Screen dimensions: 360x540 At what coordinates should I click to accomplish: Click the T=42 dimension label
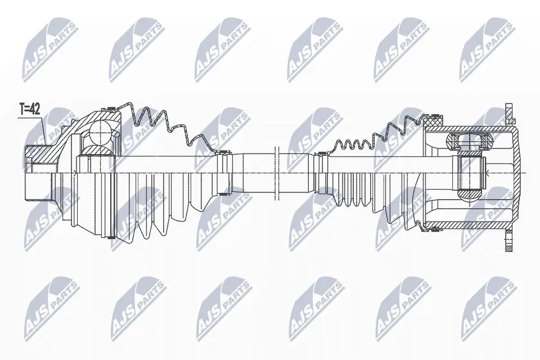(x=29, y=110)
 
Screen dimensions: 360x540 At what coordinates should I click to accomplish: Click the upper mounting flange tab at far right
(x=510, y=114)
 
